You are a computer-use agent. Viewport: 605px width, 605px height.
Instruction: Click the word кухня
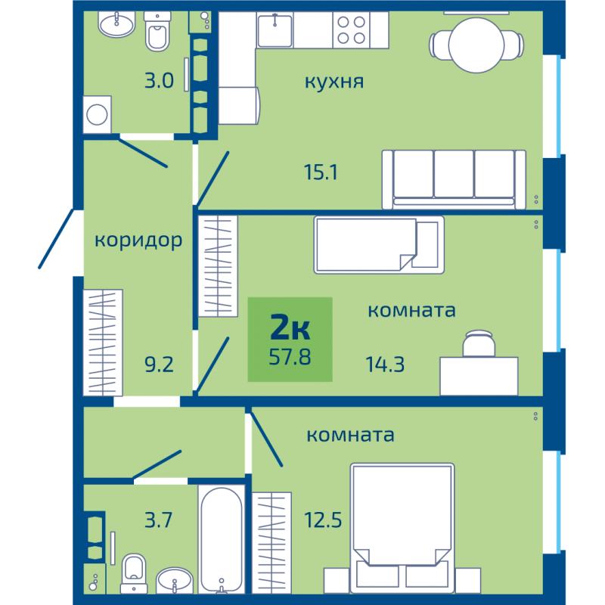(x=334, y=82)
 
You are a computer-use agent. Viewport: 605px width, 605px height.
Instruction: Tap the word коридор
(x=138, y=240)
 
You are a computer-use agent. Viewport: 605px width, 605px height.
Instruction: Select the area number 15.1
(x=321, y=172)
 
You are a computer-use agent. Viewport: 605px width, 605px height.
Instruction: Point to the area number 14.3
(x=385, y=365)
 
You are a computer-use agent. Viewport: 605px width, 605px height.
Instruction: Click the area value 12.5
(x=323, y=520)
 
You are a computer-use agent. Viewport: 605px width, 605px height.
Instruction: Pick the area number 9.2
(x=159, y=365)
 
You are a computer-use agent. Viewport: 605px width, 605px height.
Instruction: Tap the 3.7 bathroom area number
(x=158, y=520)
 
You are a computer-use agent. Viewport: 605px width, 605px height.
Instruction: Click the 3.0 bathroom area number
(x=159, y=81)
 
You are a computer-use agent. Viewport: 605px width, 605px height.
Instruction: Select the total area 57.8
(x=290, y=357)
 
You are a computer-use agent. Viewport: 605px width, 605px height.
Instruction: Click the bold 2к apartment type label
(x=290, y=328)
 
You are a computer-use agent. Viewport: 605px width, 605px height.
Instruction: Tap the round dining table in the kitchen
(x=476, y=45)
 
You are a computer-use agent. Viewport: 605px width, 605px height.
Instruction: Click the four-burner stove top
(x=351, y=30)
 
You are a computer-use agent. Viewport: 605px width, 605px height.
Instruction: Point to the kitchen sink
(x=275, y=29)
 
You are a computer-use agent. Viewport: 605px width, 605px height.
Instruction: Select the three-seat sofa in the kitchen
(x=455, y=179)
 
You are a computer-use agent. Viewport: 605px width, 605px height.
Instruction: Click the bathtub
(x=222, y=538)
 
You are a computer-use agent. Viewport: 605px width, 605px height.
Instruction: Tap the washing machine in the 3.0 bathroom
(x=98, y=115)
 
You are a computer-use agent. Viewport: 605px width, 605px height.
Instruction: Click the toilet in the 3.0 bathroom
(x=157, y=31)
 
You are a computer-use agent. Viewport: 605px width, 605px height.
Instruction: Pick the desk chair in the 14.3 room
(x=479, y=343)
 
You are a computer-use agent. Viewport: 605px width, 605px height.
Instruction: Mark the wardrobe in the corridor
(x=103, y=343)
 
